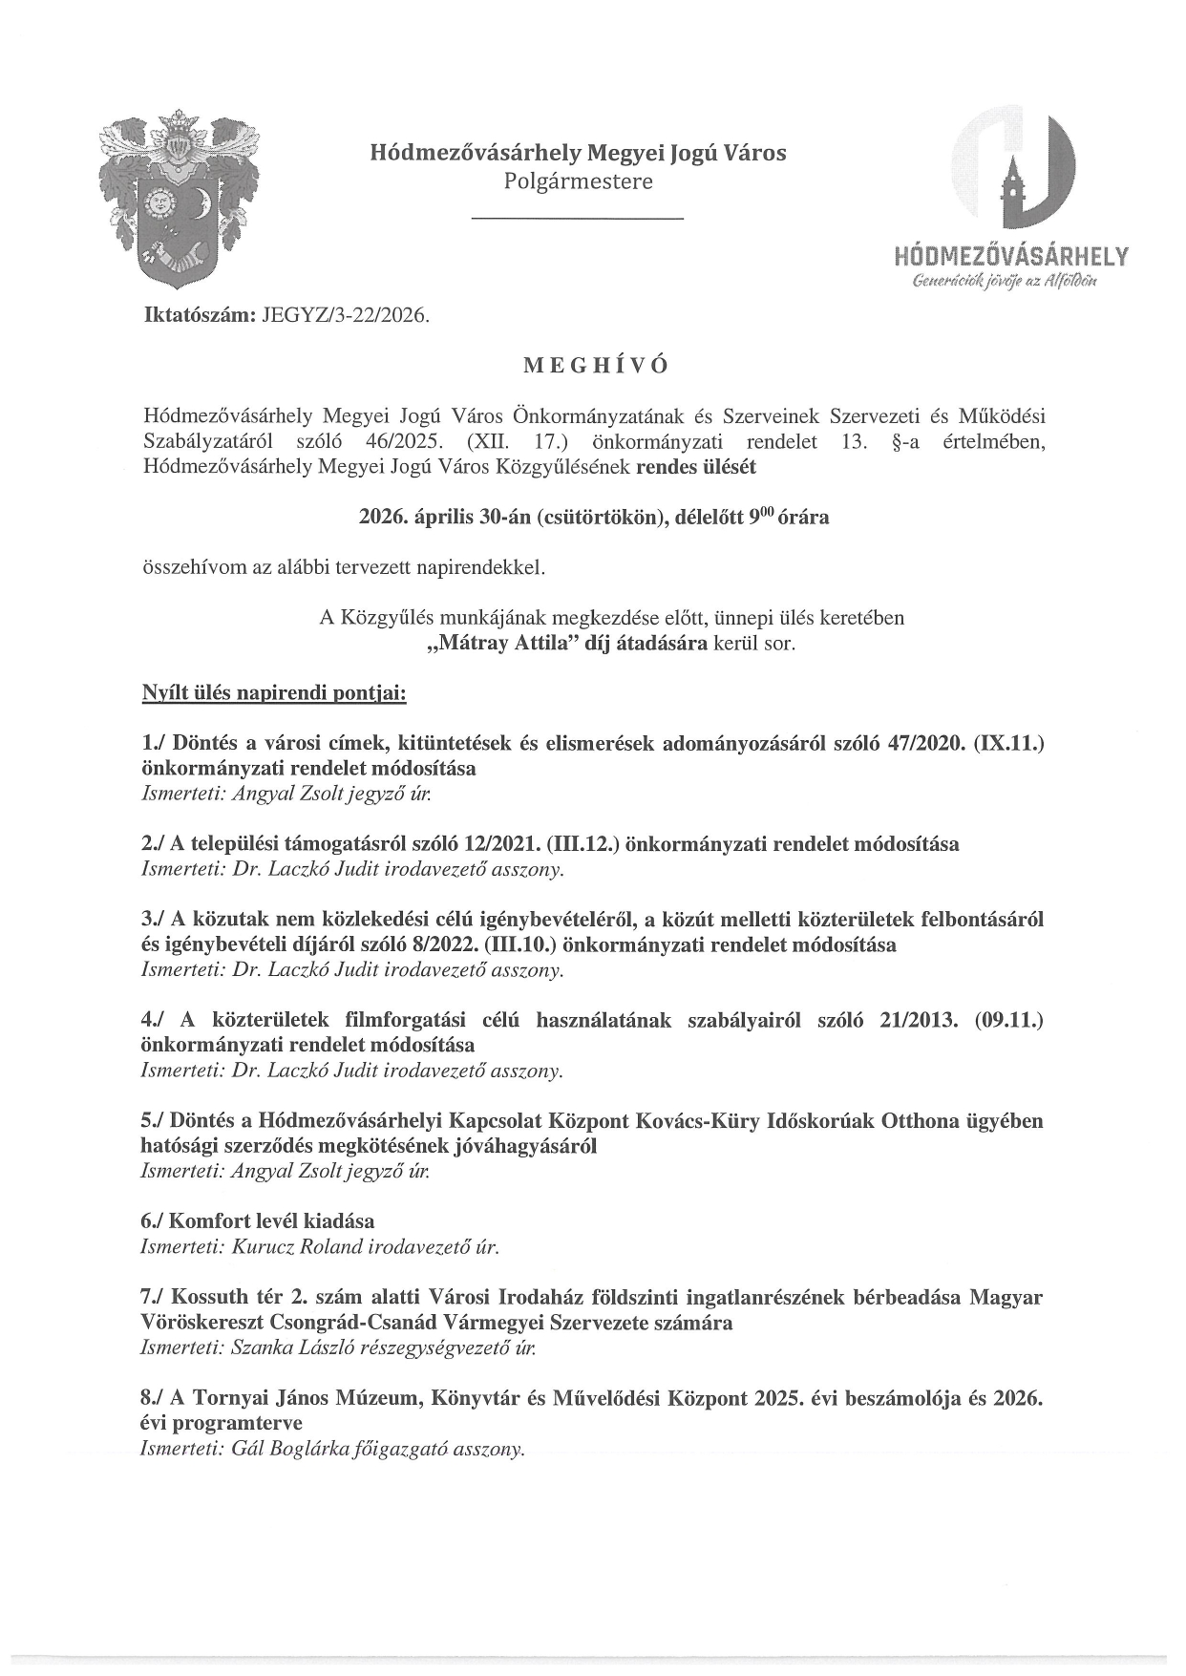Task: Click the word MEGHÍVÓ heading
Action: [592, 366]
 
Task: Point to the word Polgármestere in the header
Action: [579, 181]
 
